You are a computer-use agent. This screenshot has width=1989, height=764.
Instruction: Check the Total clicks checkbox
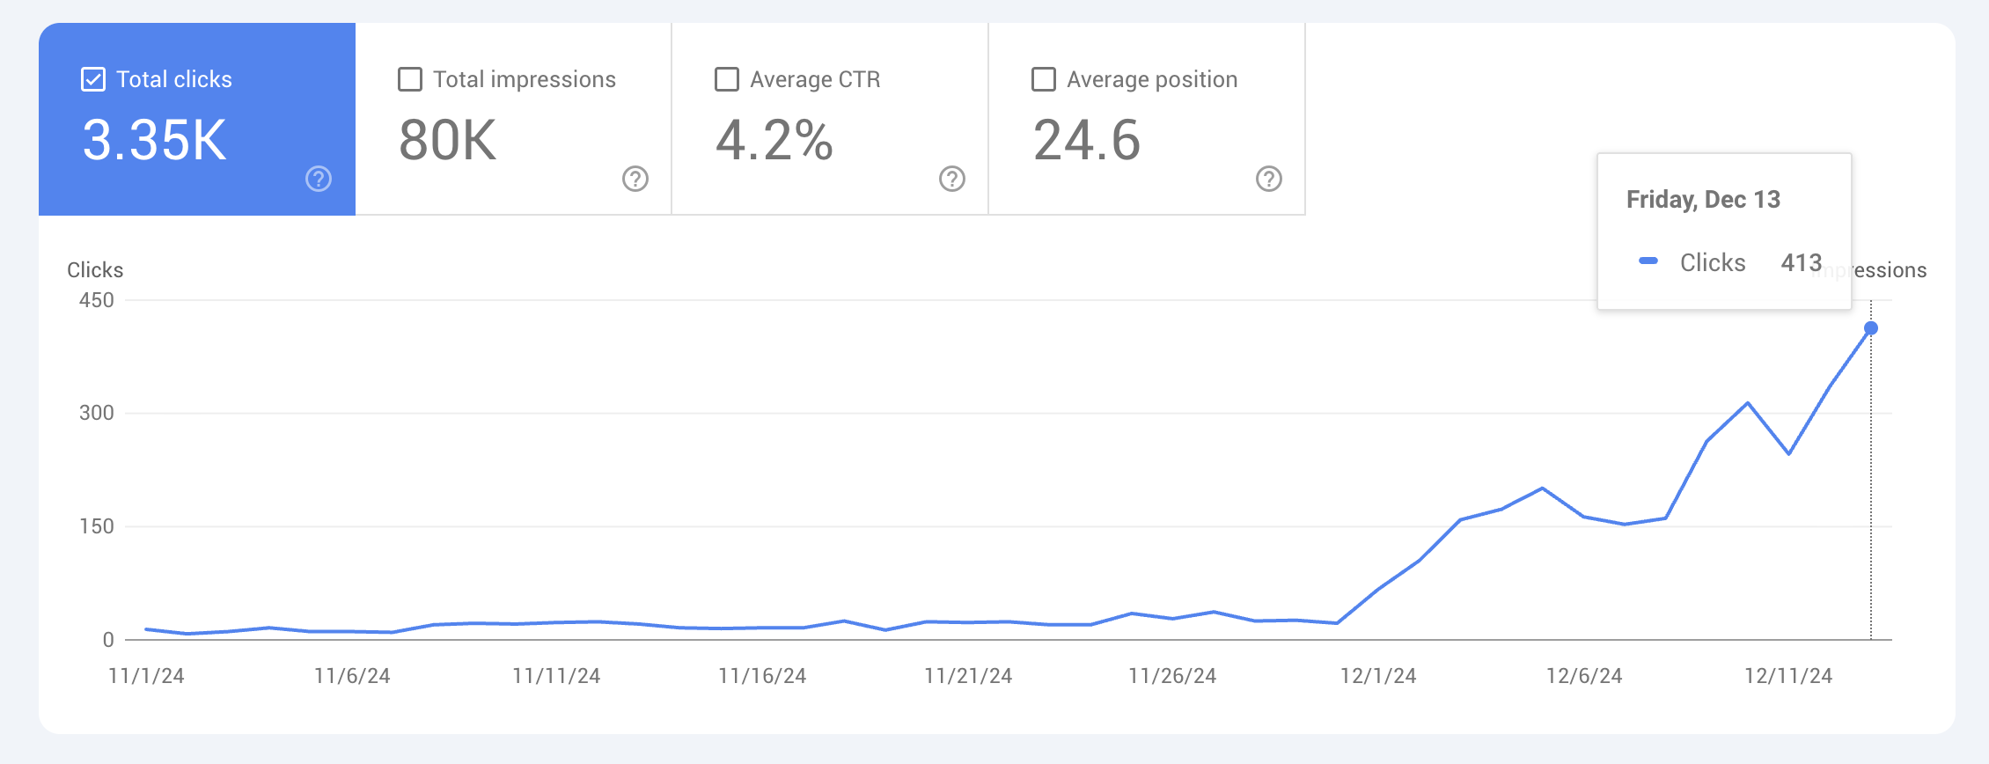point(93,79)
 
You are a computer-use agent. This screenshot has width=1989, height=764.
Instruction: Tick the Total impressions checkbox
point(410,79)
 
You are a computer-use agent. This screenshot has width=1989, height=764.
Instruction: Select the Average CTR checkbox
point(727,79)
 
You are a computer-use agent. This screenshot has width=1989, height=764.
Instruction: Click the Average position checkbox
point(1044,79)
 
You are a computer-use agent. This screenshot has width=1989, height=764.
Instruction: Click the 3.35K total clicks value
point(155,141)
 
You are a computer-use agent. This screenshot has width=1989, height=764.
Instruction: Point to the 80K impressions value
point(448,141)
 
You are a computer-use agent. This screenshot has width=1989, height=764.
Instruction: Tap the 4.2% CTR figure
point(774,141)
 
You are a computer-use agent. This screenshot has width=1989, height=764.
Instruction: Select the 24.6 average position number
point(1087,141)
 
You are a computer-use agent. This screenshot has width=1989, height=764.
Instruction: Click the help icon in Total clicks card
point(319,179)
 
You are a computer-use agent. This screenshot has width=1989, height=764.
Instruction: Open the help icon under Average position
point(1269,179)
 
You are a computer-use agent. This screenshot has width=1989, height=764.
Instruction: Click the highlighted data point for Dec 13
point(1871,328)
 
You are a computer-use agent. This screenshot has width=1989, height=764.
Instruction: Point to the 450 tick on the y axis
point(97,300)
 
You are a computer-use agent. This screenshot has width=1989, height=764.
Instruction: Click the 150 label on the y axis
point(97,526)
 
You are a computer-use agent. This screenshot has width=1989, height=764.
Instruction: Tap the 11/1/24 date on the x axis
point(146,676)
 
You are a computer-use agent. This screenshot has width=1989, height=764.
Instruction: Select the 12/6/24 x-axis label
point(1584,676)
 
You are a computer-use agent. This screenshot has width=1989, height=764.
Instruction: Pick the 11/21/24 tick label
point(968,676)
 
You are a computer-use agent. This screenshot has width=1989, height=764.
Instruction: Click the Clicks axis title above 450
point(95,270)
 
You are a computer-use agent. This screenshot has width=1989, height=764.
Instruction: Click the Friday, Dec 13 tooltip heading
point(1703,200)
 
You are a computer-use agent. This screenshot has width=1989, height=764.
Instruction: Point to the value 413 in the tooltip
point(1801,262)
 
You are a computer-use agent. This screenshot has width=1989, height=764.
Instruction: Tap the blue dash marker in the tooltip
point(1648,261)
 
